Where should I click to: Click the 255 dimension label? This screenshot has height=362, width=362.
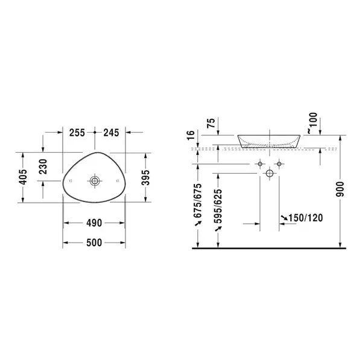(77, 133)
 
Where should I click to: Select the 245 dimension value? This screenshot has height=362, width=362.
(111, 133)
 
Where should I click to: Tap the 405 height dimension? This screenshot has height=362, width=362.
(23, 177)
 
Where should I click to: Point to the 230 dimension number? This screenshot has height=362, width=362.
(43, 167)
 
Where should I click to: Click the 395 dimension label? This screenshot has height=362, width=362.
(145, 177)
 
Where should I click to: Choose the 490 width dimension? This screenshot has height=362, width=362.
(94, 223)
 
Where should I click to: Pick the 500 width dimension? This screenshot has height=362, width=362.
(94, 243)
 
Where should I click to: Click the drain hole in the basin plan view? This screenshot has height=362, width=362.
(95, 181)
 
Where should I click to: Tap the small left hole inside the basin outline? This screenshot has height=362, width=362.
(71, 181)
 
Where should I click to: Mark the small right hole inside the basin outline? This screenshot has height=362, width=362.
(118, 180)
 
